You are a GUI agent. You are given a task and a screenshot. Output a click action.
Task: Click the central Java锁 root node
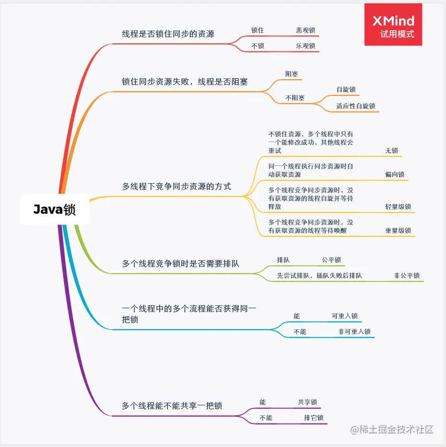tap(55, 209)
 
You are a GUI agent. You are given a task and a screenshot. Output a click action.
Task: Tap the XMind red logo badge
tap(393, 24)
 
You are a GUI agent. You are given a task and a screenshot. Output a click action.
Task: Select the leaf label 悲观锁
tap(305, 30)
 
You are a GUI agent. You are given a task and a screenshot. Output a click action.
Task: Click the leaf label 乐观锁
tap(305, 46)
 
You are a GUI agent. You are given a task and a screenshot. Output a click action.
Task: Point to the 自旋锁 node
tap(346, 90)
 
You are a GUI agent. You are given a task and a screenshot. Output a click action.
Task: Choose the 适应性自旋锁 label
tap(355, 106)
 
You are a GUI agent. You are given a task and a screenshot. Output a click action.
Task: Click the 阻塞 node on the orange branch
tap(292, 74)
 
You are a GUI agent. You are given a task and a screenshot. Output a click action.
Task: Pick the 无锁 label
tap(391, 151)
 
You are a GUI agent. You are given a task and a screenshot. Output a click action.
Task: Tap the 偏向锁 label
tap(394, 175)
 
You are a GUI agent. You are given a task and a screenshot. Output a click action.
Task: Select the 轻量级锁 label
tap(398, 206)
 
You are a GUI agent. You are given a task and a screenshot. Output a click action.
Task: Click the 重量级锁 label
tap(398, 230)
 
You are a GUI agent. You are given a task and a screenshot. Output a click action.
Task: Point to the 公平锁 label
tap(331, 259)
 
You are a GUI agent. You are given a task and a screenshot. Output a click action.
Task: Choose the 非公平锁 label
tap(407, 276)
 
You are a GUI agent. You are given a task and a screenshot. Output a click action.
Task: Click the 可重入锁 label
tap(344, 316)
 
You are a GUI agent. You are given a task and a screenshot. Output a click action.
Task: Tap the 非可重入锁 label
tap(354, 331)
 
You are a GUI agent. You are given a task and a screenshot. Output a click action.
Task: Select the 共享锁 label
tap(307, 402)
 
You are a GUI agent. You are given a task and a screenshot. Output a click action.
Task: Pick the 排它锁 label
tap(314, 418)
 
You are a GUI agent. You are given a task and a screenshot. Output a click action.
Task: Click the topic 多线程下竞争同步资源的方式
tap(177, 186)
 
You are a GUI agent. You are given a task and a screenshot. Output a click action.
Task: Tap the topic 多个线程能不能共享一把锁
tap(172, 405)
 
